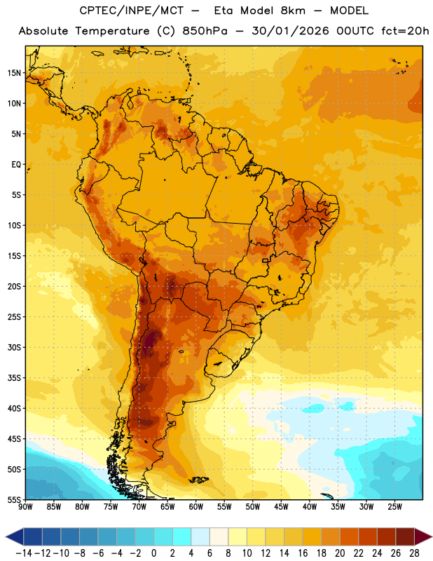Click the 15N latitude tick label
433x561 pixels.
14,73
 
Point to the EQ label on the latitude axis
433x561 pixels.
16,165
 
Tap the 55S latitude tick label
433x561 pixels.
14,499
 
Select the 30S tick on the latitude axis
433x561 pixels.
14,347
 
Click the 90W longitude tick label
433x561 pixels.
25,506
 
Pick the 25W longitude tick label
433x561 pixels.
394,506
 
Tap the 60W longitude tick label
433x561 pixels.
196,506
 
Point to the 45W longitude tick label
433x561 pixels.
281,506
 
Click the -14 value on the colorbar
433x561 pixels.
24,553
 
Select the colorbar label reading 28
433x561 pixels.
414,553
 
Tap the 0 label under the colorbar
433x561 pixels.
154,553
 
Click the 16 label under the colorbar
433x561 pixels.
303,553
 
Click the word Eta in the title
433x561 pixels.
224,11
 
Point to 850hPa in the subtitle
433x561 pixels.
205,31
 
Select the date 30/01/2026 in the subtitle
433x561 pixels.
290,31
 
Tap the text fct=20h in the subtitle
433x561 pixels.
405,31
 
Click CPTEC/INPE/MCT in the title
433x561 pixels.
131,11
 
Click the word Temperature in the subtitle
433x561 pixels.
112,32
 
